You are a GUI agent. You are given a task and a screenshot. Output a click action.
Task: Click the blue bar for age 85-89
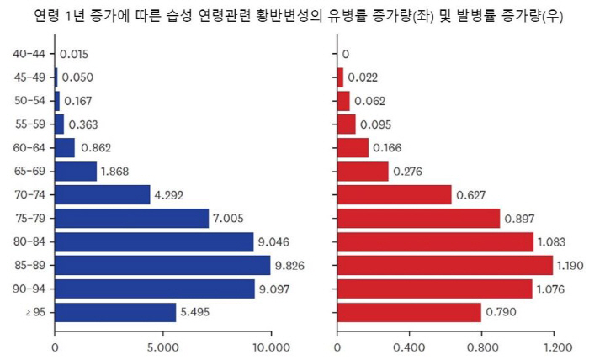pyautogui.click(x=162, y=265)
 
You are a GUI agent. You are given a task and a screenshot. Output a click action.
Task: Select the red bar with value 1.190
pyautogui.click(x=445, y=265)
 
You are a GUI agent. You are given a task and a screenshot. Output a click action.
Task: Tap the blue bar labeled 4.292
pyautogui.click(x=102, y=195)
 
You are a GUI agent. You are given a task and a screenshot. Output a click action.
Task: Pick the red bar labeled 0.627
pyautogui.click(x=394, y=195)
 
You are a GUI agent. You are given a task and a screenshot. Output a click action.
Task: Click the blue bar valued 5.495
pyautogui.click(x=115, y=312)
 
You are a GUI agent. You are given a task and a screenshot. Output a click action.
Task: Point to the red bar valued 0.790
pyautogui.click(x=409, y=312)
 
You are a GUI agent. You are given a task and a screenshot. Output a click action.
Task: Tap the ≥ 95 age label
pyautogui.click(x=34, y=312)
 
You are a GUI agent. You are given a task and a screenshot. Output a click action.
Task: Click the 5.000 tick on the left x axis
pyautogui.click(x=162, y=345)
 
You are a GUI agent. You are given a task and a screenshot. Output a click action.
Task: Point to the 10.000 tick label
pyautogui.click(x=271, y=345)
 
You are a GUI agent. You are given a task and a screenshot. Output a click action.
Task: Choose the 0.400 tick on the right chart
pyautogui.click(x=410, y=345)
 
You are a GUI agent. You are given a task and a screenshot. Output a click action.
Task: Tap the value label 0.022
pyautogui.click(x=363, y=77)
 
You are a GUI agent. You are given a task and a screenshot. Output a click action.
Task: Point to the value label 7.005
pyautogui.click(x=229, y=219)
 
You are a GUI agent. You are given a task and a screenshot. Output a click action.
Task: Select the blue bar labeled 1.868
pyautogui.click(x=76, y=172)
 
